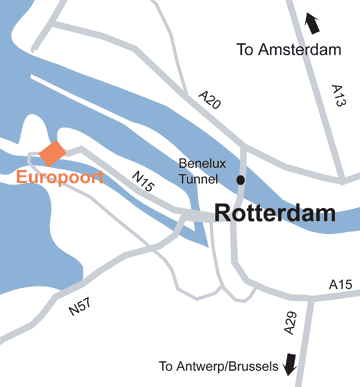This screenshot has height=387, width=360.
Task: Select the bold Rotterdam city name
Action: click(x=273, y=213)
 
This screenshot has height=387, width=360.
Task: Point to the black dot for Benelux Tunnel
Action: click(x=241, y=180)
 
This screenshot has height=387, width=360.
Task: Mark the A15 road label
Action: click(x=341, y=287)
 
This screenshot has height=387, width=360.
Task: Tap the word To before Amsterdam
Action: click(x=244, y=48)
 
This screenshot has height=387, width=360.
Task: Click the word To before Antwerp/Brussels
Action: click(x=167, y=366)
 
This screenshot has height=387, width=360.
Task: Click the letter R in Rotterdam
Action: click(x=224, y=213)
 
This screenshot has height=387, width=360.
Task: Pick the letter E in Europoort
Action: click(x=23, y=178)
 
